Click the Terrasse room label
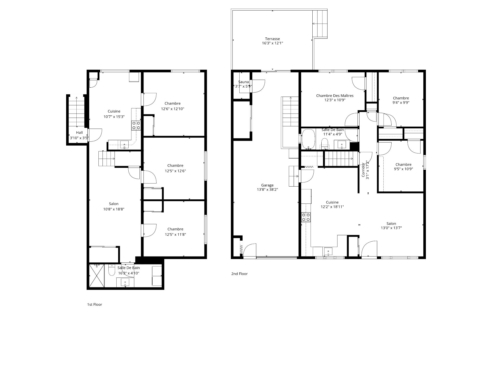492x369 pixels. click(x=272, y=39)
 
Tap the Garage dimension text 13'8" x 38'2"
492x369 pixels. click(x=267, y=190)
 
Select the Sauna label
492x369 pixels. click(x=243, y=82)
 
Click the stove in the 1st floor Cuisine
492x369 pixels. click(x=136, y=125)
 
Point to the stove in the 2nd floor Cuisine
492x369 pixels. click(x=306, y=217)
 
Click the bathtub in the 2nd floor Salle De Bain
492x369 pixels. click(x=308, y=139)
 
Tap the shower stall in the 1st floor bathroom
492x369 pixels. click(x=97, y=276)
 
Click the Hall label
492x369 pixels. click(x=79, y=132)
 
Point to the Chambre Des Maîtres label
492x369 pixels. click(x=335, y=96)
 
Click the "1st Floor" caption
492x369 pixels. click(x=95, y=304)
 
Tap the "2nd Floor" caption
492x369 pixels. click(x=239, y=274)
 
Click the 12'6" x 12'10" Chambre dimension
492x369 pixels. click(x=172, y=109)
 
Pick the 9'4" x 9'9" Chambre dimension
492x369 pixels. click(x=401, y=102)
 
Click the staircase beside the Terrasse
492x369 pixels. click(x=320, y=24)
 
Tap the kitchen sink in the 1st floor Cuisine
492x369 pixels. click(x=125, y=145)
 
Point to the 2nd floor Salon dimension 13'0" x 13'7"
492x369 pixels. click(x=391, y=228)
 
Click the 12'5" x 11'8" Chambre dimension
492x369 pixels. click(x=175, y=234)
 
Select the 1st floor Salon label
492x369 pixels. click(x=114, y=204)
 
